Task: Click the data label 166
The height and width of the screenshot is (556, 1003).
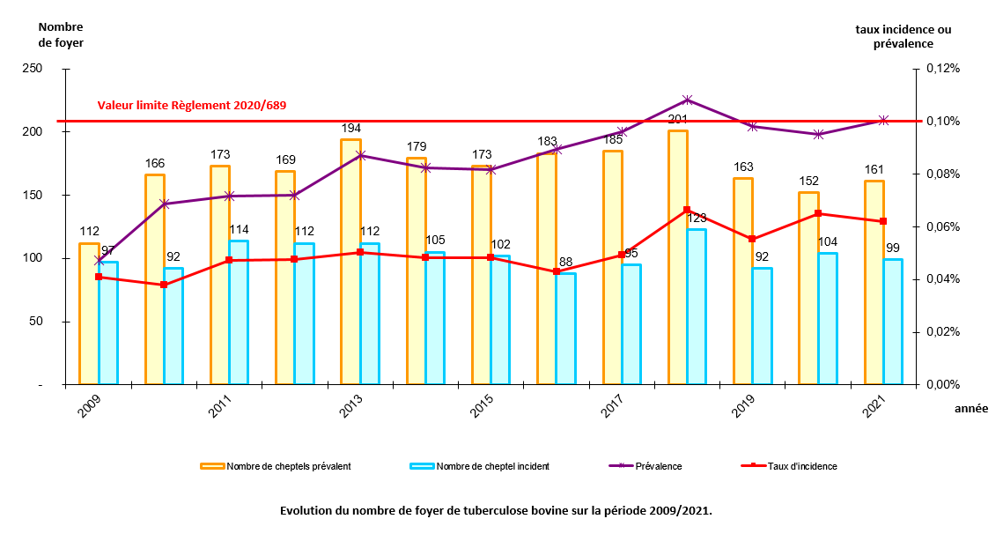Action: click(155, 163)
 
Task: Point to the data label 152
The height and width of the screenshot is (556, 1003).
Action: click(808, 181)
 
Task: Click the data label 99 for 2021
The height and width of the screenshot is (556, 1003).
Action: click(893, 248)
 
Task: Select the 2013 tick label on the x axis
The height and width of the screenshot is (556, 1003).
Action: click(351, 406)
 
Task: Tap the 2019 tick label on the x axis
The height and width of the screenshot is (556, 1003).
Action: click(744, 406)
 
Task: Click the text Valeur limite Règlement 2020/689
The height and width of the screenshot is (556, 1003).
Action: click(192, 105)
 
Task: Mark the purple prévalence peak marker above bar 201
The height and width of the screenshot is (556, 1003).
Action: click(688, 100)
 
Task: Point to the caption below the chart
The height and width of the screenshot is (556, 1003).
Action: click(495, 510)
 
